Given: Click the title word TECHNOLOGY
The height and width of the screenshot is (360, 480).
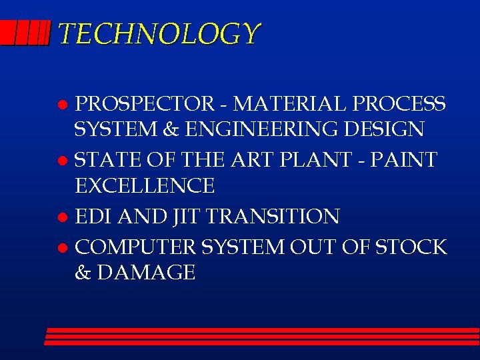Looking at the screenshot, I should (159, 34).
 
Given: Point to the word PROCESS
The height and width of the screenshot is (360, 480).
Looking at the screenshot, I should (399, 104).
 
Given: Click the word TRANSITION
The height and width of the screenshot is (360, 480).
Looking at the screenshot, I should (273, 216).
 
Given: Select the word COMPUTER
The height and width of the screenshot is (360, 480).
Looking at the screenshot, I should (139, 247).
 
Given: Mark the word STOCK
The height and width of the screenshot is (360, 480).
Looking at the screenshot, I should (411, 247).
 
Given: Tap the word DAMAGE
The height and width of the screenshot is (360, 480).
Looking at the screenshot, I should (146, 273).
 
